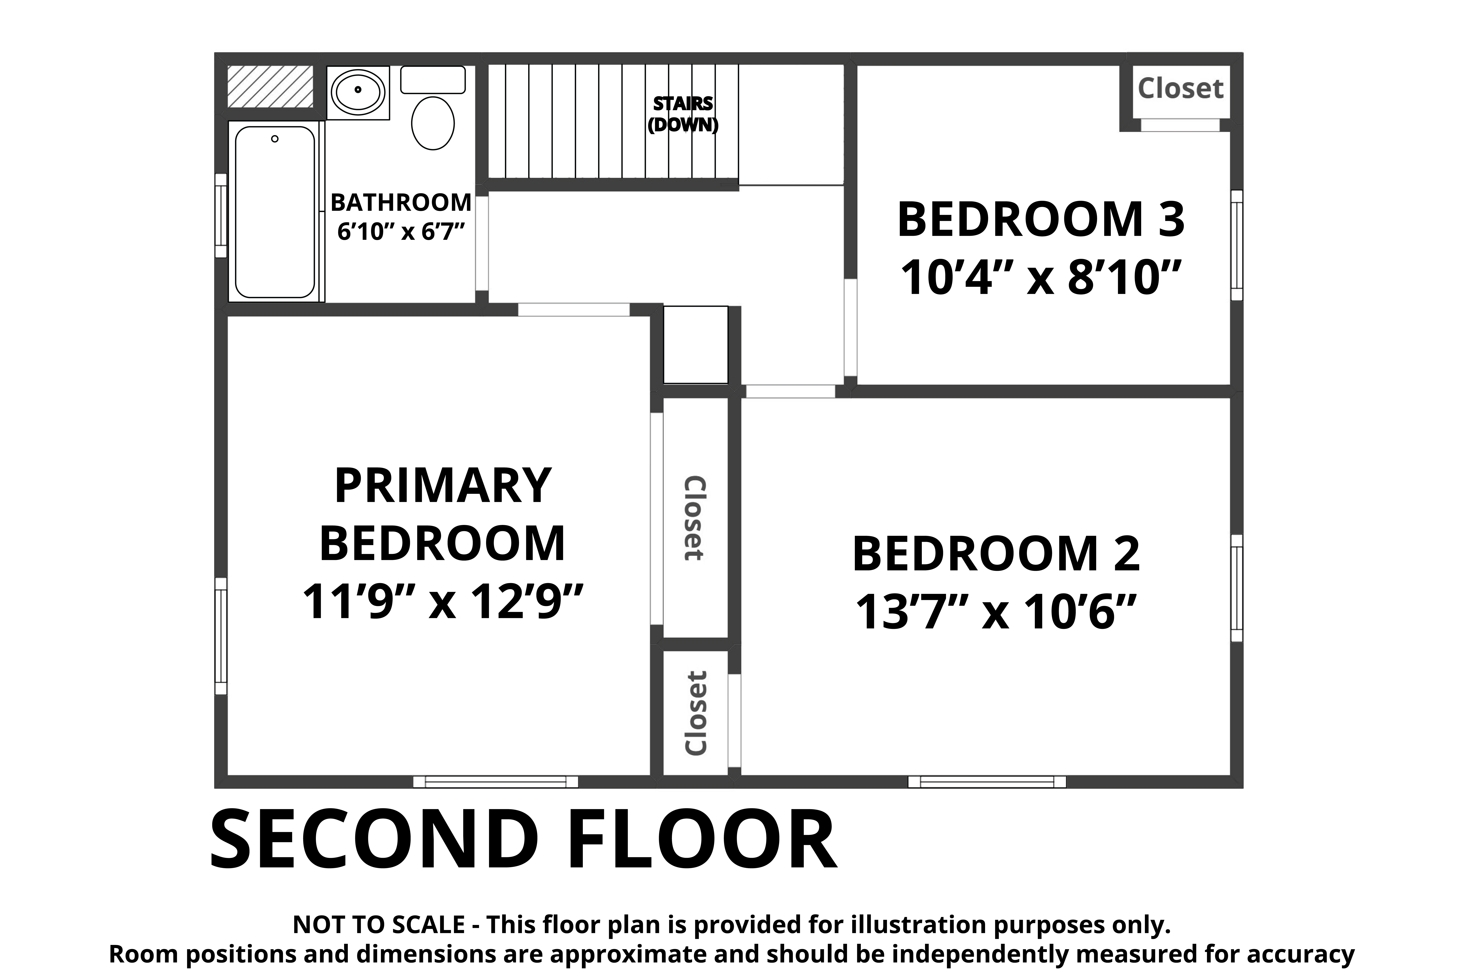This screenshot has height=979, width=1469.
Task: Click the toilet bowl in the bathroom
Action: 433,123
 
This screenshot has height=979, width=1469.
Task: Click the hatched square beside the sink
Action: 270,86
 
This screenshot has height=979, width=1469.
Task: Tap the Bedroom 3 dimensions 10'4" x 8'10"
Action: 1041,278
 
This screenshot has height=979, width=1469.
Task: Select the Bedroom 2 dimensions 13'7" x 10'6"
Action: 996,612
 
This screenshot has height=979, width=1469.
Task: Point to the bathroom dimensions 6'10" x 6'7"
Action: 401,232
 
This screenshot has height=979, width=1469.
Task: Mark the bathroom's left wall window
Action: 220,215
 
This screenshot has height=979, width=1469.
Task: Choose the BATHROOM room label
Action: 401,202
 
